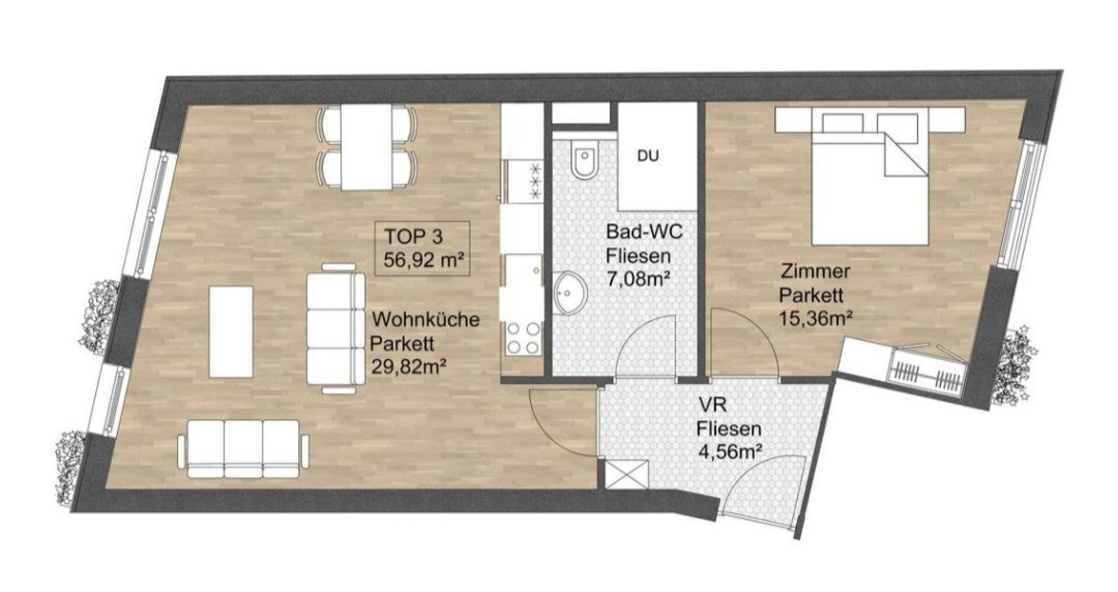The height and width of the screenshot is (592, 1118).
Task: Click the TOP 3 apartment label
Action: pyautogui.click(x=413, y=236)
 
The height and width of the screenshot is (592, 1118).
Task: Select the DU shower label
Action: pyautogui.click(x=648, y=157)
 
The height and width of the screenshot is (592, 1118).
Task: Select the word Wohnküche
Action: pyautogui.click(x=426, y=320)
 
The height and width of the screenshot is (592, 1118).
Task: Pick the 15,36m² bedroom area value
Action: pyautogui.click(x=816, y=318)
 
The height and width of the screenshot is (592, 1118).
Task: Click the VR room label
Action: pyautogui.click(x=707, y=404)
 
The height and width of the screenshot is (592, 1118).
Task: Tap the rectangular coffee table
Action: pyautogui.click(x=231, y=331)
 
